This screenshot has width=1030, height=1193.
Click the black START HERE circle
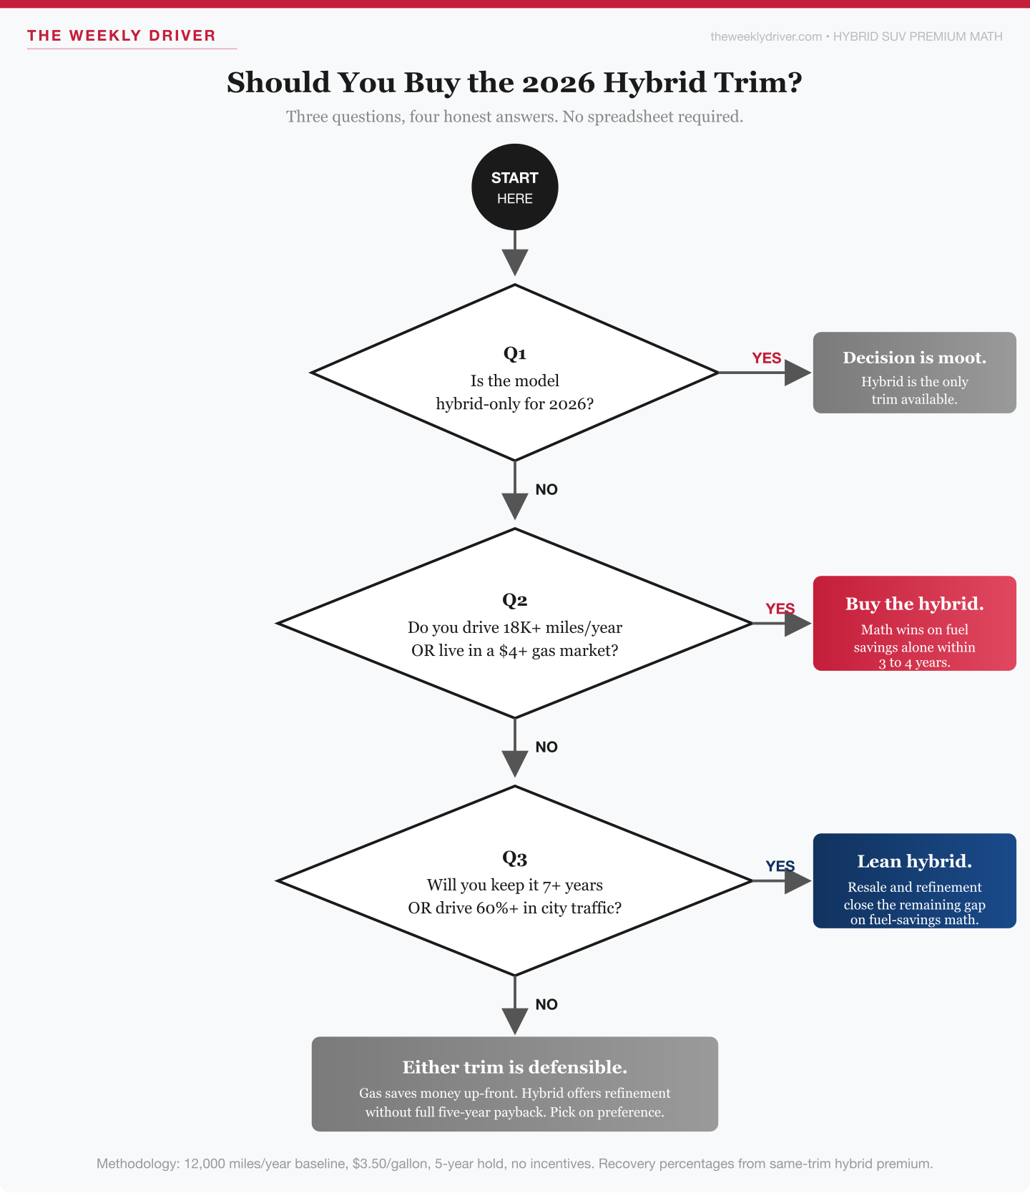(515, 187)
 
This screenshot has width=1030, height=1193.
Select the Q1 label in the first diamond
(515, 353)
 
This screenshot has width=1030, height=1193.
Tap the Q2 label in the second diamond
(515, 600)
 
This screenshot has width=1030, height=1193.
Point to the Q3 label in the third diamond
(515, 858)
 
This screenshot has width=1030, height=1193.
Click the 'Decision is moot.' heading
(914, 358)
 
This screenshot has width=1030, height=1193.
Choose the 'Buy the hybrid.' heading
(914, 604)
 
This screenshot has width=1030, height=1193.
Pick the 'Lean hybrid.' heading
(914, 861)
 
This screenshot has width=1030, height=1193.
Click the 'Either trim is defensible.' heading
(514, 1067)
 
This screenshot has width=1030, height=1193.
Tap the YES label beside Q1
(766, 358)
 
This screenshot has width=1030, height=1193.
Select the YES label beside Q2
(780, 609)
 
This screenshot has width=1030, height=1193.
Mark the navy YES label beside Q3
(780, 866)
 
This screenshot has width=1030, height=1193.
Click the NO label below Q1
(546, 490)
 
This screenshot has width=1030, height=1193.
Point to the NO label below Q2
(546, 747)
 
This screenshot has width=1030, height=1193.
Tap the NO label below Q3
(546, 1005)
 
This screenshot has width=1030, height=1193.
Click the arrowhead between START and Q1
(515, 262)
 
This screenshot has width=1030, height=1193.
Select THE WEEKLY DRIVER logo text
(122, 36)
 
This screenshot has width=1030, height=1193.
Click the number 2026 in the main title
(558, 83)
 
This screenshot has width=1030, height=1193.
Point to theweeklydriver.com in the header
(766, 36)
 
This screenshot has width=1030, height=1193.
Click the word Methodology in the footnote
(136, 1164)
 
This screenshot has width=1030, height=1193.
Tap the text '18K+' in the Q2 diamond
(522, 628)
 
